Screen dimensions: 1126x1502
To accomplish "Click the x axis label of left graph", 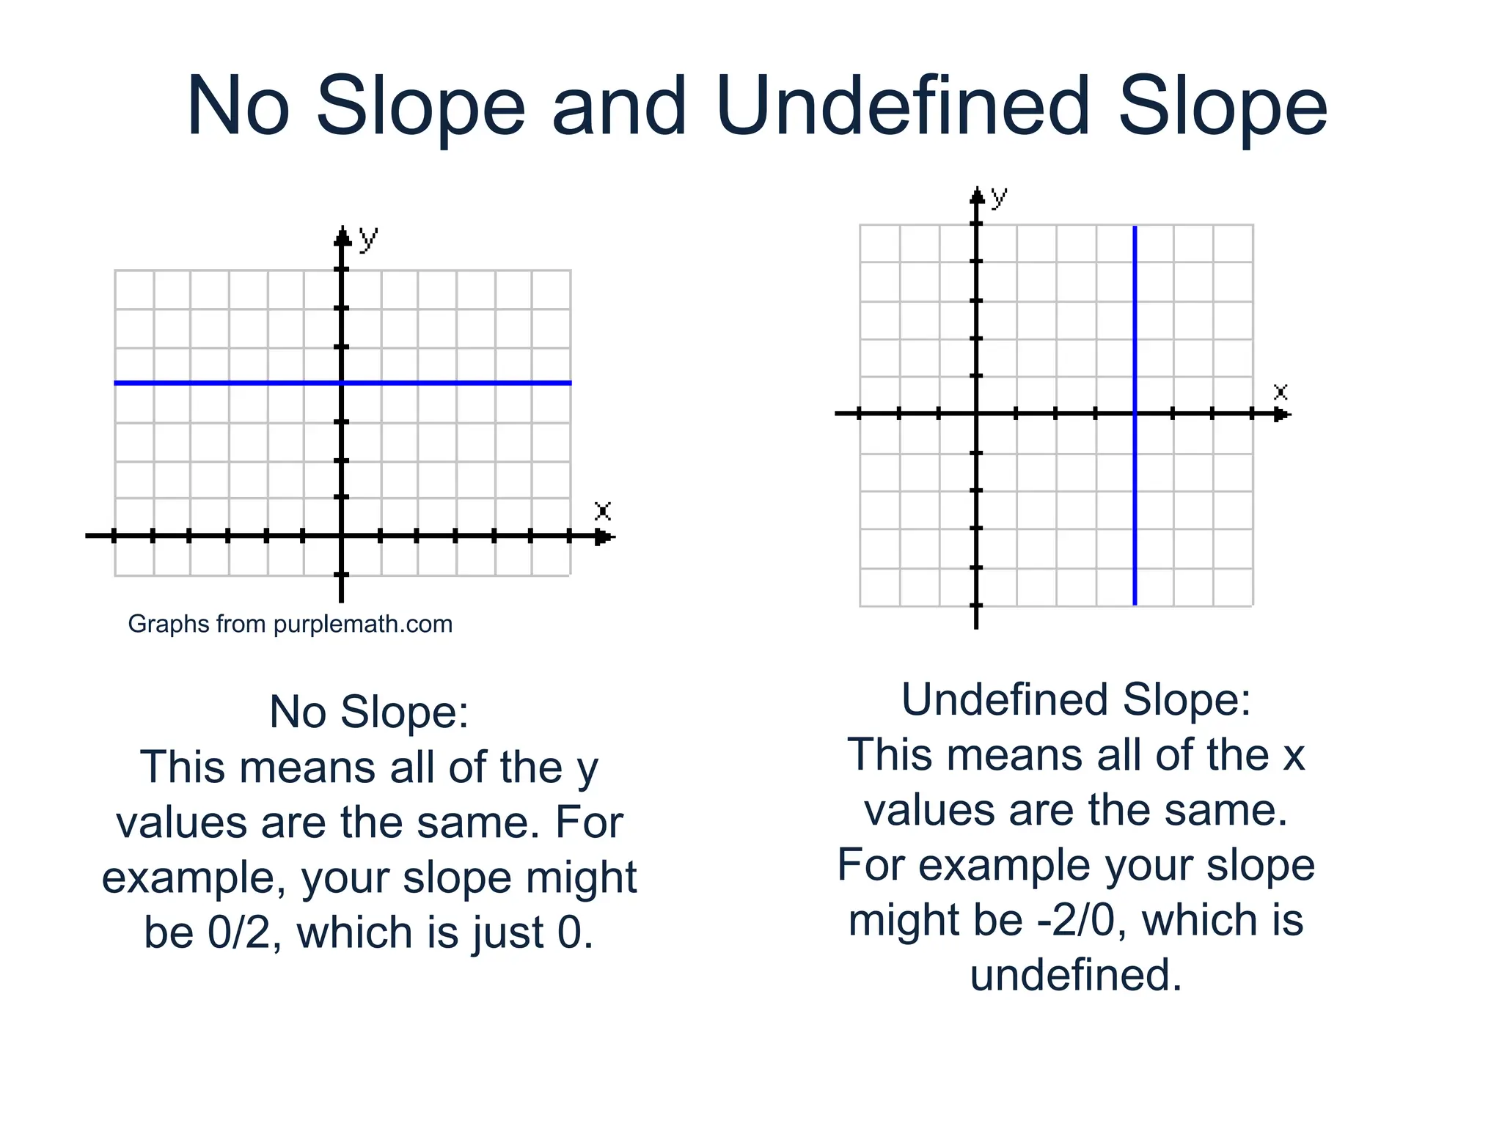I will click(602, 511).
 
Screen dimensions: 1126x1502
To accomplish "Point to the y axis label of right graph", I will click(999, 196).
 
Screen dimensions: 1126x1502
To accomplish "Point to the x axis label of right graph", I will click(1281, 391).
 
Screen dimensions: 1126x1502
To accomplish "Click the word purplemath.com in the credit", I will click(362, 625).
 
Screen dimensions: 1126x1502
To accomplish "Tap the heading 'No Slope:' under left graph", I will click(369, 712).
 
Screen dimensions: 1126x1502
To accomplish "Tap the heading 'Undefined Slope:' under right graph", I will click(1076, 699).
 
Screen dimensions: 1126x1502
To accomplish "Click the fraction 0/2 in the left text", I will click(238, 932).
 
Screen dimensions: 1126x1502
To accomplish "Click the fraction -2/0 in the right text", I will click(1076, 920).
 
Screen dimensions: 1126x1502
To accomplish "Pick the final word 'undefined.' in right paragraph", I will click(1076, 976).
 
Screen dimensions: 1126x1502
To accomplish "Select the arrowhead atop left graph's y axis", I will click(342, 236).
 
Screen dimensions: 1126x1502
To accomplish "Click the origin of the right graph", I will click(976, 414).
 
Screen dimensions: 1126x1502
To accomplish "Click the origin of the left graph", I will click(342, 536).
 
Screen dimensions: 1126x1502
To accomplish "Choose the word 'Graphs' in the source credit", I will click(160, 625).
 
